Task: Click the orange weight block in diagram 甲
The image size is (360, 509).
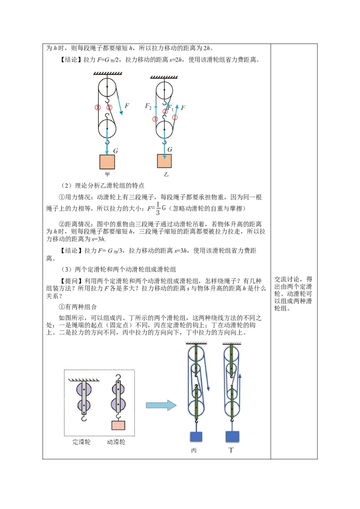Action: click(107, 162)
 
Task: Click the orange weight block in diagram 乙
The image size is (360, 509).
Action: click(164, 161)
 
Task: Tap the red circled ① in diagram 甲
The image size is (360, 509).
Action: click(98, 107)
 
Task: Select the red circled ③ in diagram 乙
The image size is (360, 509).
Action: click(155, 119)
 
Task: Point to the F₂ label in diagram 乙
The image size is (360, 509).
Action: click(148, 106)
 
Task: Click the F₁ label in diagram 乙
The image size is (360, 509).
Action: click(170, 107)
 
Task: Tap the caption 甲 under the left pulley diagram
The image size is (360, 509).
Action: click(108, 174)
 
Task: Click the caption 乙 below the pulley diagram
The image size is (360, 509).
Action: click(166, 174)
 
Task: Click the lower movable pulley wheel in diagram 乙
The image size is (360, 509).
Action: click(164, 129)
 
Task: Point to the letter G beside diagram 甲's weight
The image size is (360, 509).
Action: click(116, 151)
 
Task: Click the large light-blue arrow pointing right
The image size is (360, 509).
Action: click(161, 405)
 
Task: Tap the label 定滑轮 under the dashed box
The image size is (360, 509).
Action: click(81, 442)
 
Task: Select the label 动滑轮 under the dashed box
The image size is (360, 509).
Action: click(116, 442)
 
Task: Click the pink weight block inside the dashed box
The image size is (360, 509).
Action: click(118, 425)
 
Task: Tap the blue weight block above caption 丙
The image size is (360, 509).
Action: click(196, 437)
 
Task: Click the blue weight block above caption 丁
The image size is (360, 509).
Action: click(233, 437)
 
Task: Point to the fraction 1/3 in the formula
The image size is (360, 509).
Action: click(158, 208)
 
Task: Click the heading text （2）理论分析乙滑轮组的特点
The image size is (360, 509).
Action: click(103, 186)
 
